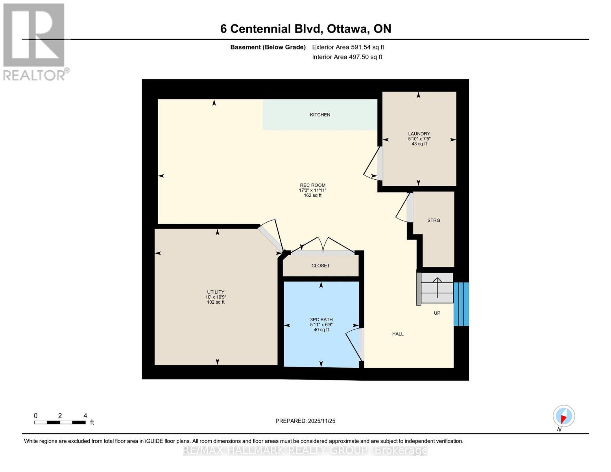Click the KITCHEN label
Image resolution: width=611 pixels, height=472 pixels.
click(x=320, y=115)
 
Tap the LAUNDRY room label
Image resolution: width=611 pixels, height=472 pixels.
click(x=419, y=134)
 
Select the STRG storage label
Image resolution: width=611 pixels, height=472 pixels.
click(x=434, y=221)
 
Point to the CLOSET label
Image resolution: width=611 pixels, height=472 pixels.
click(x=320, y=266)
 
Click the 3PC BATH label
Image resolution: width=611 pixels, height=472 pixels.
click(x=321, y=320)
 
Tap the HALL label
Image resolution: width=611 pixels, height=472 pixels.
click(x=398, y=334)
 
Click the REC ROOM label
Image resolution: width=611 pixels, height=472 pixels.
click(x=312, y=185)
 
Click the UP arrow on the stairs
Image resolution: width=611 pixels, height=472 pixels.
click(x=437, y=287)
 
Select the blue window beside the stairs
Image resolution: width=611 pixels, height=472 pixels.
click(x=461, y=304)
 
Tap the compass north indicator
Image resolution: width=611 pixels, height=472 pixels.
click(x=564, y=416)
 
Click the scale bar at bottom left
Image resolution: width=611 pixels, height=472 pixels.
click(x=60, y=422)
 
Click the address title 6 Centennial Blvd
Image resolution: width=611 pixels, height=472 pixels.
click(x=305, y=29)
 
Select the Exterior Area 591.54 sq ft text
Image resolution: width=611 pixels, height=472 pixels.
click(x=348, y=47)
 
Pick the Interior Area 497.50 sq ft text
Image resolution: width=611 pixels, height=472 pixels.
click(x=347, y=57)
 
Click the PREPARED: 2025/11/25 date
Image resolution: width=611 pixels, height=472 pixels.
click(x=305, y=421)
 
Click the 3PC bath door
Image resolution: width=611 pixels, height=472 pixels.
click(x=354, y=343)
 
